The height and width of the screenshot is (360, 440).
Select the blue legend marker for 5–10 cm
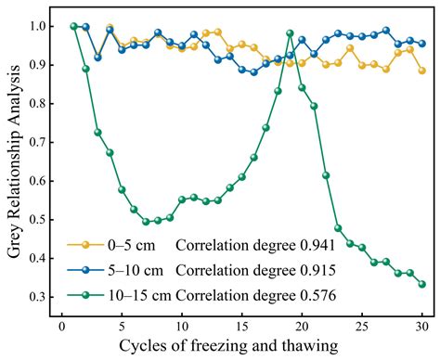click(x=85, y=271)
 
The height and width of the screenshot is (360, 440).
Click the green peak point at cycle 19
click(x=290, y=33)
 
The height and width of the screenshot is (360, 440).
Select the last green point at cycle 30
click(x=422, y=285)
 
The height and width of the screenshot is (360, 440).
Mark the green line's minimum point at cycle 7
click(x=146, y=223)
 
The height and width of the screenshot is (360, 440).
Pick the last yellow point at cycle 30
click(x=422, y=71)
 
